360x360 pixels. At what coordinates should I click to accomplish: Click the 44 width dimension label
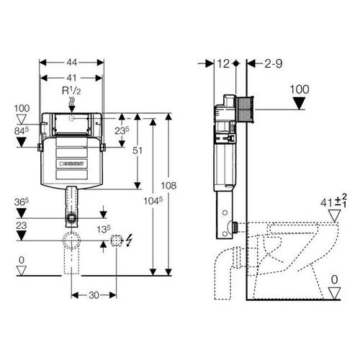tap(71, 63)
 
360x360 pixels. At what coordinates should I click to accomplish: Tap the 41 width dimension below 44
tap(71, 78)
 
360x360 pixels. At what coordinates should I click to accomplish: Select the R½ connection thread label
tap(71, 91)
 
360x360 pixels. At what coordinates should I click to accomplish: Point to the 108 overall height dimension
tap(168, 186)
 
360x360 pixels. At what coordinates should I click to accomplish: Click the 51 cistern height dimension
tap(138, 150)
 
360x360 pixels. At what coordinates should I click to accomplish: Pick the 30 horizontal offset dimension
tap(94, 295)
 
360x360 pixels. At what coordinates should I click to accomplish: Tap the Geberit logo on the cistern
tap(71, 163)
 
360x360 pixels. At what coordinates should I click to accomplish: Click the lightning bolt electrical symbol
tap(129, 240)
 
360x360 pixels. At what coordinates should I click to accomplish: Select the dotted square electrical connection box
tap(116, 240)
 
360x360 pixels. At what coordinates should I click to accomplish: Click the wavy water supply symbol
tap(71, 103)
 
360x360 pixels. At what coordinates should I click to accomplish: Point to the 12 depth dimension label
tap(223, 63)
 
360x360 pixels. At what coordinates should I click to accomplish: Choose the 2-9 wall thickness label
tap(274, 64)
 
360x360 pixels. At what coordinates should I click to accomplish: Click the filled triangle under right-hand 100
tap(300, 103)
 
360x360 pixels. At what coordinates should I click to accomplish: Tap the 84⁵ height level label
tap(22, 131)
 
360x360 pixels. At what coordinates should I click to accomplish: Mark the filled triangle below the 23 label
tap(22, 235)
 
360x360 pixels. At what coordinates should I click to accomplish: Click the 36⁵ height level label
tap(22, 202)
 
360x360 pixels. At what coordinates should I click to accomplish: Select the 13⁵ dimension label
tap(104, 230)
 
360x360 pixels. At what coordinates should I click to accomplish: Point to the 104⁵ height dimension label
tap(153, 201)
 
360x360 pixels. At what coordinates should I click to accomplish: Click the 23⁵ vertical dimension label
tap(122, 130)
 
